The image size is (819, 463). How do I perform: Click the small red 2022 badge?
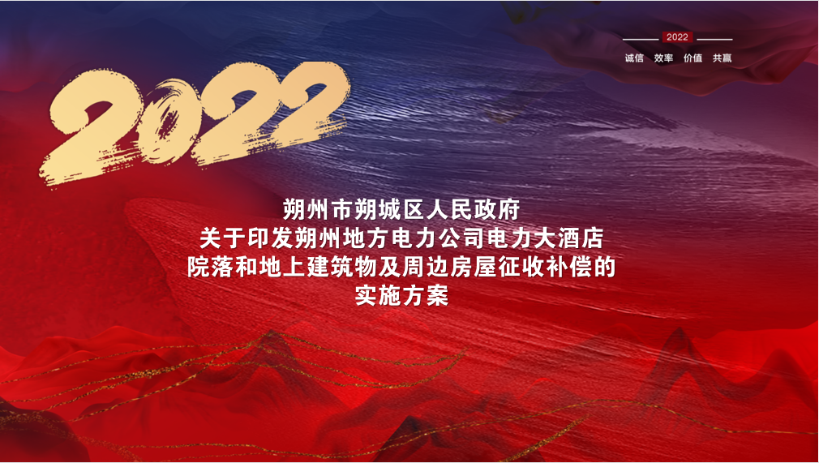click(677, 37)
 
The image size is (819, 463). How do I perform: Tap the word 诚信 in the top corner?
click(634, 58)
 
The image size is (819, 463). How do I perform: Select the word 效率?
click(663, 58)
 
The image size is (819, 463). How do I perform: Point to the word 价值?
click(693, 58)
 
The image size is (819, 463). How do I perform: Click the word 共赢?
click(723, 58)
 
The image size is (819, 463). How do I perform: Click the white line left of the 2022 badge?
click(641, 39)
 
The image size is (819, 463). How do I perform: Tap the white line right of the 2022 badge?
click(714, 39)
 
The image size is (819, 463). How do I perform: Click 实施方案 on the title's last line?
click(401, 296)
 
